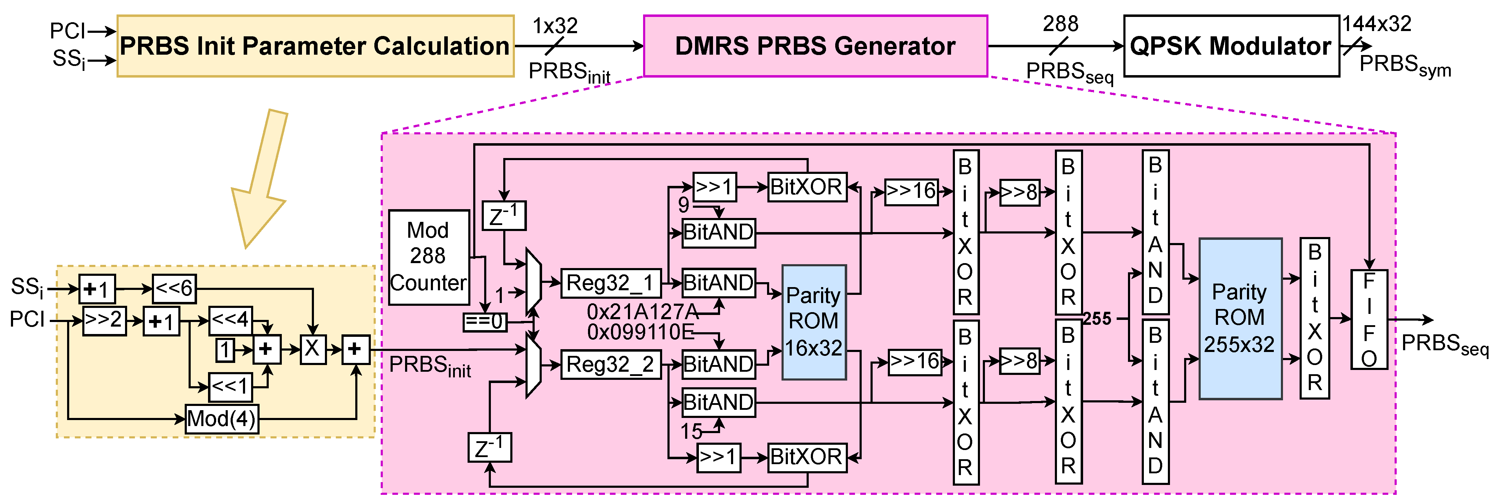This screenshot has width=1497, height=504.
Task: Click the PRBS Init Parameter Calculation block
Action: pos(316,46)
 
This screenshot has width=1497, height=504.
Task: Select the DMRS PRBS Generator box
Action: pos(815,46)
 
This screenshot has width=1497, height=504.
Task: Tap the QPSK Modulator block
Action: pos(1231,46)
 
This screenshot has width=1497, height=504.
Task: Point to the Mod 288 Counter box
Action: pos(429,257)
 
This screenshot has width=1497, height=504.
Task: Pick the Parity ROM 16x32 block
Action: pos(814,322)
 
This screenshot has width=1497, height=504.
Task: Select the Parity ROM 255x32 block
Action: pos(1240,318)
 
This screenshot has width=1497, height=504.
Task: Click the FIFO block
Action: pos(1369,319)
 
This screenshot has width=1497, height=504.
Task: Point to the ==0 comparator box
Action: pos(485,322)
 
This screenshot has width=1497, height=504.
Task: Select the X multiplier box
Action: pos(313,349)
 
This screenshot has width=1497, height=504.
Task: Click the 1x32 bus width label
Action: pos(555,26)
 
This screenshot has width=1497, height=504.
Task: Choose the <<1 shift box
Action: pos(231,387)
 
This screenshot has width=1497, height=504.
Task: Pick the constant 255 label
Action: pos(1097,319)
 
